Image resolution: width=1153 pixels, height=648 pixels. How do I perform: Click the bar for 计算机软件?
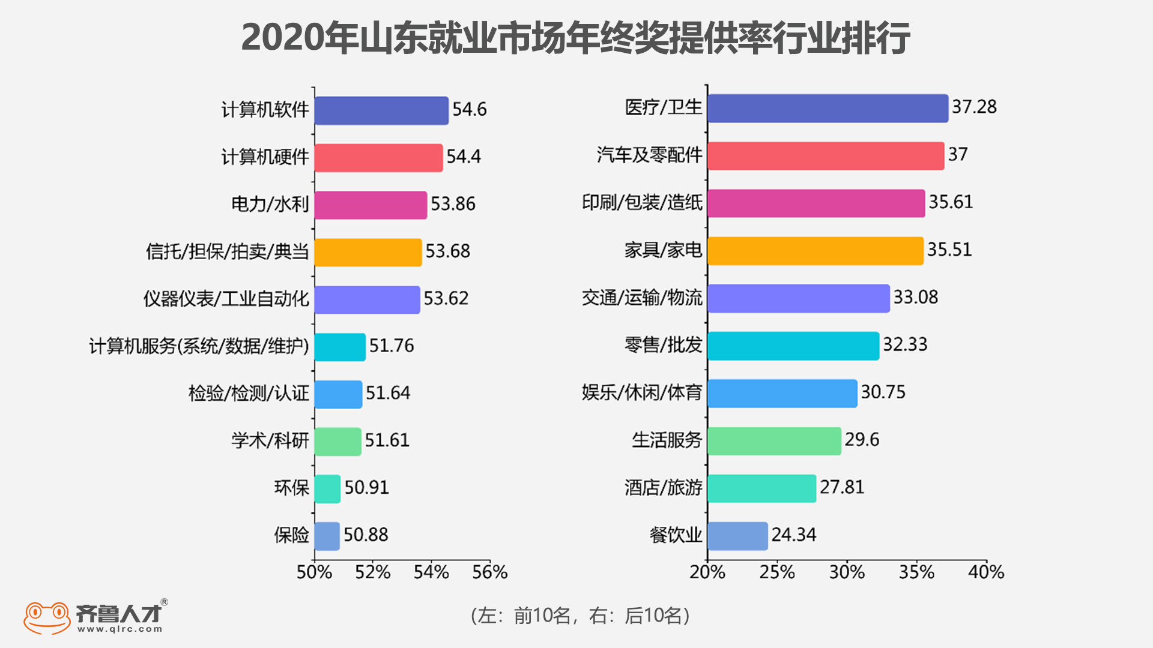click(x=381, y=110)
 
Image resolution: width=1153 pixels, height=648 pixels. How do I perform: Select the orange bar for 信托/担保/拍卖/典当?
click(x=368, y=252)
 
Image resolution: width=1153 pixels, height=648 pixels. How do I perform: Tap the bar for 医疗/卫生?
click(x=828, y=109)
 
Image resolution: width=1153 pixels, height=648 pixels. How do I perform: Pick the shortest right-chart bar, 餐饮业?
click(x=737, y=536)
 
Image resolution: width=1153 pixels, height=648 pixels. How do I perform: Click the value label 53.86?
click(x=453, y=204)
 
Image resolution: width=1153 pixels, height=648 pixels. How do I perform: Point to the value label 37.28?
click(x=974, y=107)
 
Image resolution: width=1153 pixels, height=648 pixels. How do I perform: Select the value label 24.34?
click(x=793, y=535)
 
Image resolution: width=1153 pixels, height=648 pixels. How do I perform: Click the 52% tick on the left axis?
click(x=372, y=572)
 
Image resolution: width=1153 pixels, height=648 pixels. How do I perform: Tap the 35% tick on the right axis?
click(x=916, y=572)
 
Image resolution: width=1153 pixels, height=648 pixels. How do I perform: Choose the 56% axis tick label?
click(x=489, y=572)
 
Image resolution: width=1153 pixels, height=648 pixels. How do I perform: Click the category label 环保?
click(x=292, y=488)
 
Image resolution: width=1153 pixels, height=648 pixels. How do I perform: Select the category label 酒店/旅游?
click(x=663, y=488)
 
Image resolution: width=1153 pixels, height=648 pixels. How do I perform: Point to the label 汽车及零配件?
click(x=649, y=155)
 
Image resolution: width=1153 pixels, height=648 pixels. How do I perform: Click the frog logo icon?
click(x=47, y=617)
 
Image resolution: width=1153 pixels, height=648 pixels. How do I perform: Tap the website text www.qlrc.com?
click(x=120, y=629)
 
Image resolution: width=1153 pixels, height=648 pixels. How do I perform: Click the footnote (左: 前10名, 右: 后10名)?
click(x=580, y=616)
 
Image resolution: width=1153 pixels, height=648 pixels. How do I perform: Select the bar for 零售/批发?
click(x=793, y=346)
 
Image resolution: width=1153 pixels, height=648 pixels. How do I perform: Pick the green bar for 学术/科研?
click(x=337, y=442)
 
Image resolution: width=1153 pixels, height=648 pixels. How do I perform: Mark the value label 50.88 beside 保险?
click(x=366, y=535)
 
